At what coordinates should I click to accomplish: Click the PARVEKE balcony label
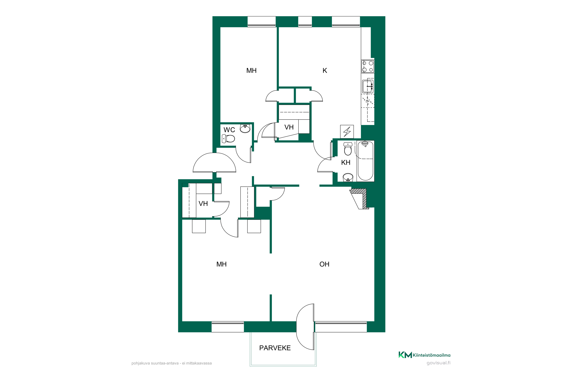tap(275, 348)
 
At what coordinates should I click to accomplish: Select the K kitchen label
tap(325, 71)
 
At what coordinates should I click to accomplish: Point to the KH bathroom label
tap(346, 162)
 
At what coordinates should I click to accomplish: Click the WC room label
tap(229, 130)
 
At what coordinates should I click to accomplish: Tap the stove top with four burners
tap(367, 66)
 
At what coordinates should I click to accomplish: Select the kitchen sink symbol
tap(368, 86)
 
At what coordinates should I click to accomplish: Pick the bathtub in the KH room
tap(366, 161)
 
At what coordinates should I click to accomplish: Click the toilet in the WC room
tap(228, 139)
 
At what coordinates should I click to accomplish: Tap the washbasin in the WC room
tap(245, 129)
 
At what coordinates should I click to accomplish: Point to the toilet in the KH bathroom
tap(348, 149)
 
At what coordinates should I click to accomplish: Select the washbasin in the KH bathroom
tap(348, 177)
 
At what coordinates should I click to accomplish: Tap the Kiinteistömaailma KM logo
tap(424, 355)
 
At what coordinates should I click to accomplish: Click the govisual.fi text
tap(438, 363)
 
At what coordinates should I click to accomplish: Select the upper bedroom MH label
tap(251, 71)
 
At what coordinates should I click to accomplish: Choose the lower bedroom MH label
tap(221, 264)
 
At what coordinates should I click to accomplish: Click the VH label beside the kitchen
tap(289, 127)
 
